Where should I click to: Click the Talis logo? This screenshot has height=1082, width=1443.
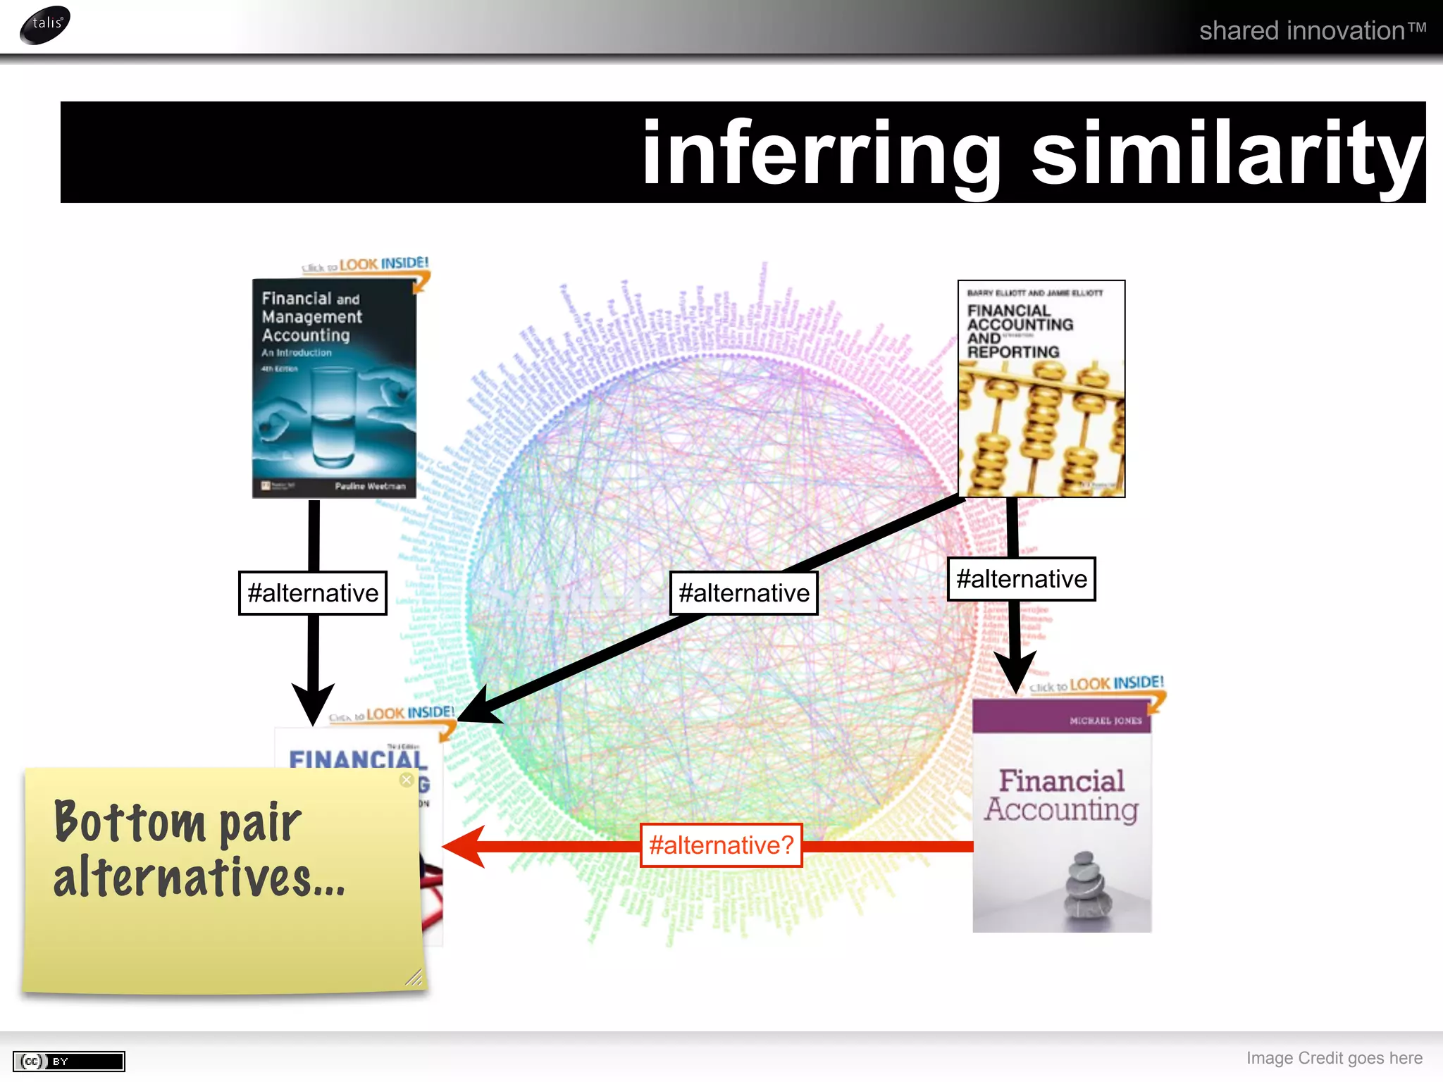(45, 24)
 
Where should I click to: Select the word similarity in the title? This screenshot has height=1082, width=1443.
(1227, 154)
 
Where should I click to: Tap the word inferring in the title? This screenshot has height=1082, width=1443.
(822, 154)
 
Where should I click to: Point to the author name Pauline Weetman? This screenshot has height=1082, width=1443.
(370, 486)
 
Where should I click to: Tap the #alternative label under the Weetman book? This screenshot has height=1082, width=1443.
(313, 593)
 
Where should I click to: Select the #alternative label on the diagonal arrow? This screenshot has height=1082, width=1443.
(743, 593)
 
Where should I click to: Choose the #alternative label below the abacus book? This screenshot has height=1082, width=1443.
(1021, 579)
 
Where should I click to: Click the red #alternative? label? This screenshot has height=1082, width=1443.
(721, 845)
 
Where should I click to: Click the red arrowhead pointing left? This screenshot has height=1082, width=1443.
(465, 846)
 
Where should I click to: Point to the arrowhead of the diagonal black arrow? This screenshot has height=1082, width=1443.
(479, 707)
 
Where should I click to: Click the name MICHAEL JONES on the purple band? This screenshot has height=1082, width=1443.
(1105, 721)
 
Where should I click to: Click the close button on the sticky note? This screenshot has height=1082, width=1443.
(407, 780)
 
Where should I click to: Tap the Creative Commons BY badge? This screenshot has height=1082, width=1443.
(69, 1061)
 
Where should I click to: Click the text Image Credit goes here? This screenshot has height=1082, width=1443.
(1334, 1058)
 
